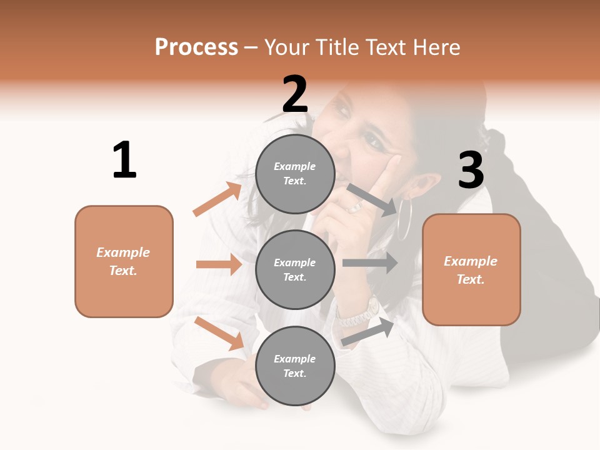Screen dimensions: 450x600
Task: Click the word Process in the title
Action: (x=196, y=47)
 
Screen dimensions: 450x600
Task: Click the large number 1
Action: (x=124, y=160)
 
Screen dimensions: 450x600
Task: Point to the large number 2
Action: (x=295, y=94)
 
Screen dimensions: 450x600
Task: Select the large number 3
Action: (x=471, y=171)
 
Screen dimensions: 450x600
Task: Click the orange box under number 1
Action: (x=124, y=261)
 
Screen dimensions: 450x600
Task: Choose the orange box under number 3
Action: (x=471, y=269)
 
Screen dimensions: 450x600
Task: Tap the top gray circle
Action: (x=295, y=174)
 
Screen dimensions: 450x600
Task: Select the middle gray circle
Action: (x=295, y=269)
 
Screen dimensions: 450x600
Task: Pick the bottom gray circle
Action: (x=295, y=366)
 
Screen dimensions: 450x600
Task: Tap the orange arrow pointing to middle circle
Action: (x=219, y=264)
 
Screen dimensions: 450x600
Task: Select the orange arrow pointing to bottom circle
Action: (x=219, y=333)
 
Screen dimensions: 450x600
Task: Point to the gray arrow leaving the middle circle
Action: (x=370, y=263)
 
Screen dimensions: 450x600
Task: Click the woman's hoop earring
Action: (x=404, y=218)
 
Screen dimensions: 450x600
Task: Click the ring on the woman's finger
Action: (x=354, y=207)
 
